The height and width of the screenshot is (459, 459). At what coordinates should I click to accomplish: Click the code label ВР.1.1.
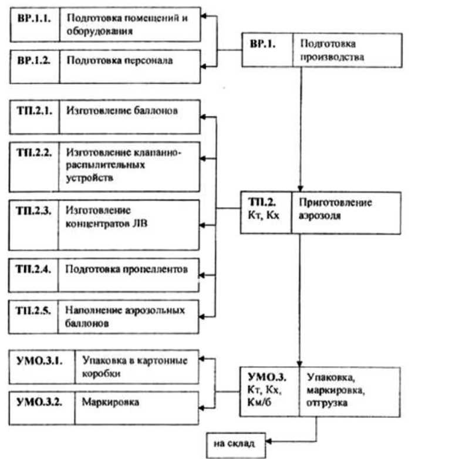point(34,18)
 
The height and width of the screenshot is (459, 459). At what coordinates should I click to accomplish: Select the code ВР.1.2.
point(33,60)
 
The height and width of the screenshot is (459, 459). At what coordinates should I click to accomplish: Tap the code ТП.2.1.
point(35,111)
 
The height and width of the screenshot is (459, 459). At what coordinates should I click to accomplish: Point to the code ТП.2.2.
point(34,153)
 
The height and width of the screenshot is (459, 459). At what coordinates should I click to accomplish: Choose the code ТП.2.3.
point(33,211)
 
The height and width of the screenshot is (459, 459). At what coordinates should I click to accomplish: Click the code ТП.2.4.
point(33,269)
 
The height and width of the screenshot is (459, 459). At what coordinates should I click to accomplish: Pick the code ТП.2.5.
point(33,310)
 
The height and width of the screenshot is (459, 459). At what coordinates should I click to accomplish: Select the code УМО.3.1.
point(39,360)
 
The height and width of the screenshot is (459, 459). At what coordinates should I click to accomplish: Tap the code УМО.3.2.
point(39,402)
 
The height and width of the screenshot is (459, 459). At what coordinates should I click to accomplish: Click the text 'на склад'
point(234,444)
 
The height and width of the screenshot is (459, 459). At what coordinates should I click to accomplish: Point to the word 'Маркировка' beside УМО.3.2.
point(110,402)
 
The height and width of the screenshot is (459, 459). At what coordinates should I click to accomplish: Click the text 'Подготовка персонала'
point(120,60)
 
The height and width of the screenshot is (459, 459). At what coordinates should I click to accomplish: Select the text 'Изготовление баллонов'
point(122,111)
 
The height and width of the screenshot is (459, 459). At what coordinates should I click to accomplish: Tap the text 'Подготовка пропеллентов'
point(126,269)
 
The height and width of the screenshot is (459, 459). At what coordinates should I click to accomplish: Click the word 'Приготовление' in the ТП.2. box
point(336,203)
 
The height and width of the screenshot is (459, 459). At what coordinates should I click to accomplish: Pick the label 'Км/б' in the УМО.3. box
point(259,402)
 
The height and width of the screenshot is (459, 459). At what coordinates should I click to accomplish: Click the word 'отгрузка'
point(327,403)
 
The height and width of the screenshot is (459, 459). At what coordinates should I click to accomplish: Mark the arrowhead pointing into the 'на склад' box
point(268,441)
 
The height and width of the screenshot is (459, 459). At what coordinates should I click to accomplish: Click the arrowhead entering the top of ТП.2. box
point(300,188)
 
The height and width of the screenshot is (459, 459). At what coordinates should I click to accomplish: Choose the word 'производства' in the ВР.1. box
point(332,57)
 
